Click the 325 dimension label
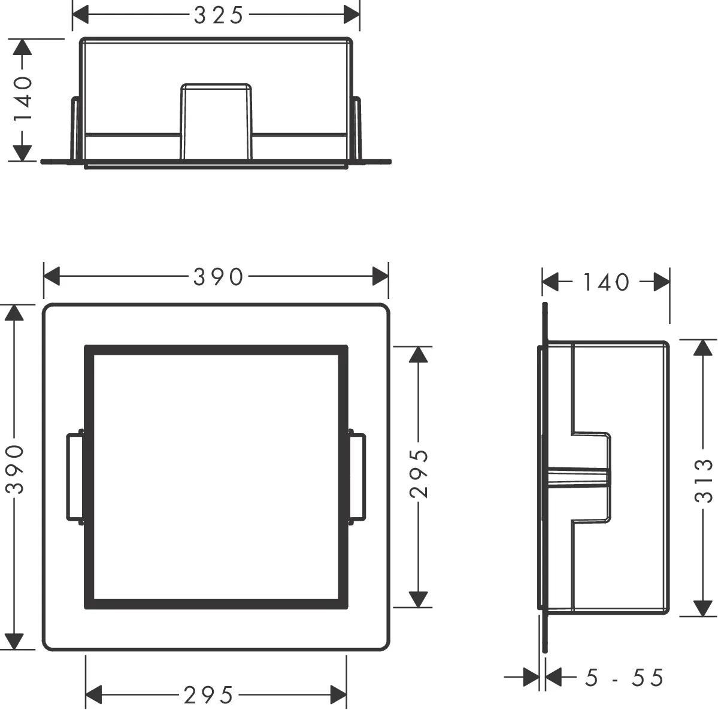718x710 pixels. pos(219,16)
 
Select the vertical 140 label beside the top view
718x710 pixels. pos(23,99)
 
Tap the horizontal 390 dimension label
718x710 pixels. pos(218,277)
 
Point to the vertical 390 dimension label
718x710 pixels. pos(14,469)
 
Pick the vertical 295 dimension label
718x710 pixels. pos(419,474)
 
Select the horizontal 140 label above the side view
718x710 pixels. pos(606,282)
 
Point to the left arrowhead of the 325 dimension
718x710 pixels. pos(80,16)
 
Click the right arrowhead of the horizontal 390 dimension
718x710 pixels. pos(380,277)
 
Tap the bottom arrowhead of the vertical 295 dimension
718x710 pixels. pos(419,599)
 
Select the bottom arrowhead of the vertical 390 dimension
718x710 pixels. pos(15,641)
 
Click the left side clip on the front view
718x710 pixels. pos(74,476)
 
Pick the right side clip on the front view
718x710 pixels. pos(357,476)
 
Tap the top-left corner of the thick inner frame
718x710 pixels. pos(89,349)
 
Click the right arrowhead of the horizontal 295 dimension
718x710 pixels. pos(338,696)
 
